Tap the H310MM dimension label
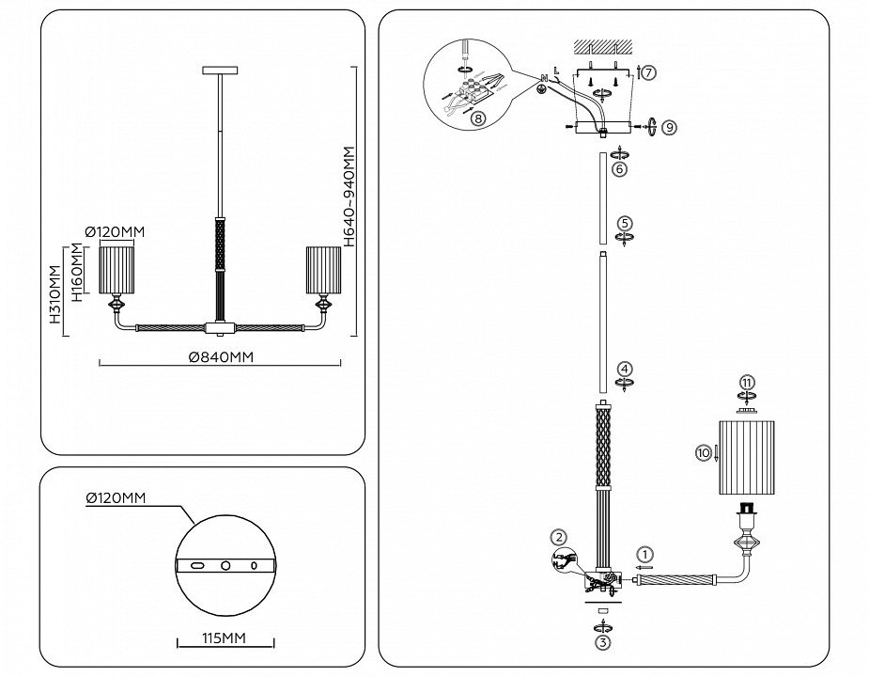click(x=54, y=294)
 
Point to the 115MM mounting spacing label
click(x=225, y=638)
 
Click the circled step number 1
click(x=644, y=554)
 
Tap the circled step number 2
click(x=560, y=538)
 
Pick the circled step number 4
click(x=625, y=370)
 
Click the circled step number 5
click(x=626, y=223)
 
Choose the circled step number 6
click(x=619, y=168)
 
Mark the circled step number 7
click(x=650, y=71)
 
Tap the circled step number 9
click(x=668, y=126)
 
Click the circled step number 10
click(x=704, y=452)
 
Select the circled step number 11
click(x=746, y=383)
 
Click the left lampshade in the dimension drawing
click(x=119, y=270)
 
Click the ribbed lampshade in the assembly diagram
click(x=749, y=458)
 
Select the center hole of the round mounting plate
click(x=225, y=565)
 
